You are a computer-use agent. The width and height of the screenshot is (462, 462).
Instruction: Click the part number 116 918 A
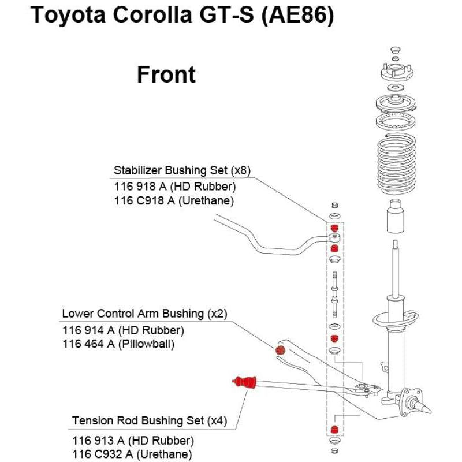click(140, 187)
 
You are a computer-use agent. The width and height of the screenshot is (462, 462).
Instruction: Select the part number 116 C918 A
click(144, 200)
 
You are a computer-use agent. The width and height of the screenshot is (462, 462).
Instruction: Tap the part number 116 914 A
click(88, 330)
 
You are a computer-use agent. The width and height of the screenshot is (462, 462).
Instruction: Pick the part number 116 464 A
click(88, 344)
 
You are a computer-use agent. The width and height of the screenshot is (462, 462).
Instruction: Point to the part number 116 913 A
click(98, 441)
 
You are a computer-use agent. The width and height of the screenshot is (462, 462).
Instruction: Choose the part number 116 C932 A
click(103, 454)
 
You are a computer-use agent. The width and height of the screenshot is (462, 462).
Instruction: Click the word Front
click(166, 74)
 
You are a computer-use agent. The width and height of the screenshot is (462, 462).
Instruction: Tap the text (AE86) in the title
click(297, 15)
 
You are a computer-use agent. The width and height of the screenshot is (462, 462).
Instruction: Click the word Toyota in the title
click(68, 15)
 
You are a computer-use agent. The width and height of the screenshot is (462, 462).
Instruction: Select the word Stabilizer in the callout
click(137, 170)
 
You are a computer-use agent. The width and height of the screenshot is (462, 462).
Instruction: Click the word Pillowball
click(146, 344)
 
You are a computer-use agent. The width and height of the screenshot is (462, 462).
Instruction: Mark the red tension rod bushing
click(244, 382)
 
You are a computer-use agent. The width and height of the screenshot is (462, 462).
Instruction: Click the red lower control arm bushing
click(280, 351)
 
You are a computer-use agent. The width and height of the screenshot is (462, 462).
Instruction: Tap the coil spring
click(397, 163)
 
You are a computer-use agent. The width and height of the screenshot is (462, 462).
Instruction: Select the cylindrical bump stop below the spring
click(395, 216)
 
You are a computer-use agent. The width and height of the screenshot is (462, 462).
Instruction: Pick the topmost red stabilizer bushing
click(334, 228)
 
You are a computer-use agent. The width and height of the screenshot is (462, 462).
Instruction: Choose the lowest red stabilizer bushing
click(334, 429)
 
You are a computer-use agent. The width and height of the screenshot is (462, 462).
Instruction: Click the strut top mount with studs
click(397, 73)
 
